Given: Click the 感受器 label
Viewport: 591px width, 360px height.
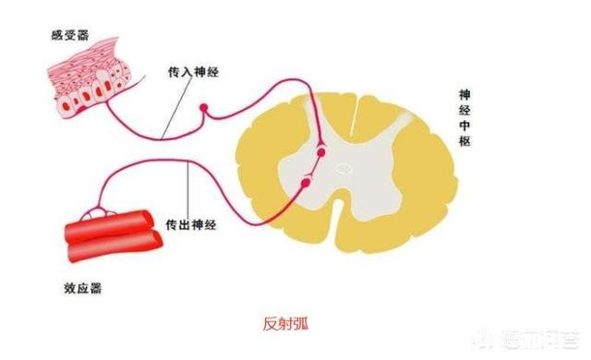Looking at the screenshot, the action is [x=70, y=35].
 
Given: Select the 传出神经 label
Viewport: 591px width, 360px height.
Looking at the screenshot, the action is [x=192, y=225].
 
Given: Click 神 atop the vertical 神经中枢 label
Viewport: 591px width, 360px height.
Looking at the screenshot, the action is [x=467, y=95].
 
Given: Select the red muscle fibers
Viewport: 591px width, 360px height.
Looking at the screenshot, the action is [x=111, y=232].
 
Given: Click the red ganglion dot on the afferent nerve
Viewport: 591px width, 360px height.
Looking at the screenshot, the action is [x=206, y=109].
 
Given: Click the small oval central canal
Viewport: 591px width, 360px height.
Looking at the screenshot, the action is [x=344, y=168].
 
